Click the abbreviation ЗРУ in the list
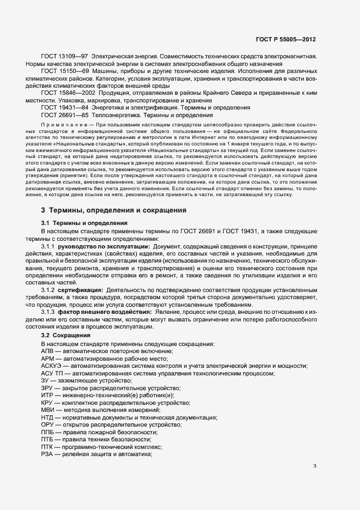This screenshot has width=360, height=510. pos(47,387)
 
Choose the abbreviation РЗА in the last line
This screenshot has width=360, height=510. pos(47,454)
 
